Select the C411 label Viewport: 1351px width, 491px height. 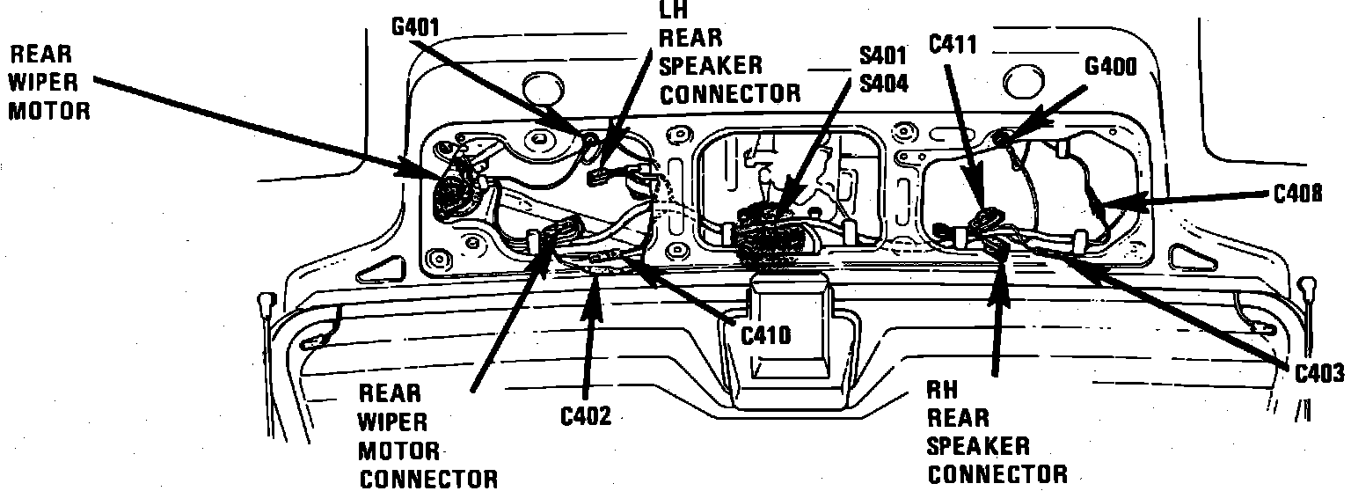tap(953, 44)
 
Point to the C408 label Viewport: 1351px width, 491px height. tap(1297, 194)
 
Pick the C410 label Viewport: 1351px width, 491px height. tap(766, 335)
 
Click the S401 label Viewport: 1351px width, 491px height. tap(883, 58)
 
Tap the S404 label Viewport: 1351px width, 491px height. tap(883, 84)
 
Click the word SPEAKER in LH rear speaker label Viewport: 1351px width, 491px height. tap(711, 65)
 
